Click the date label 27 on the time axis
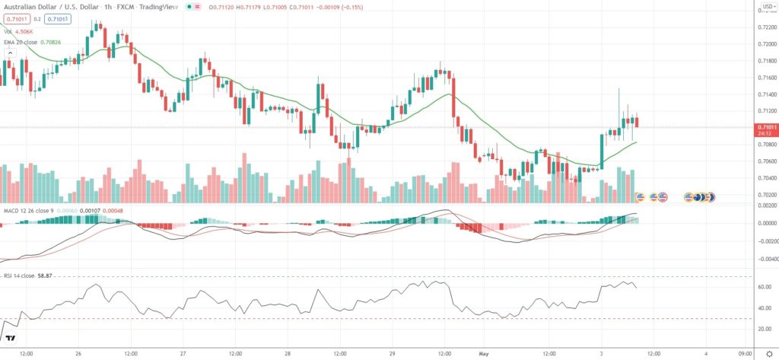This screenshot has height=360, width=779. tap(183, 352)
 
